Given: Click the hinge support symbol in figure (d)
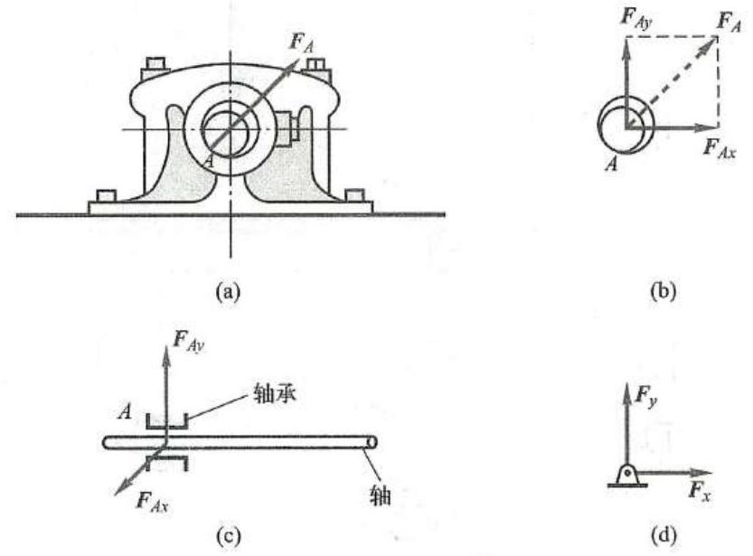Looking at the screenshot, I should tap(626, 476).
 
